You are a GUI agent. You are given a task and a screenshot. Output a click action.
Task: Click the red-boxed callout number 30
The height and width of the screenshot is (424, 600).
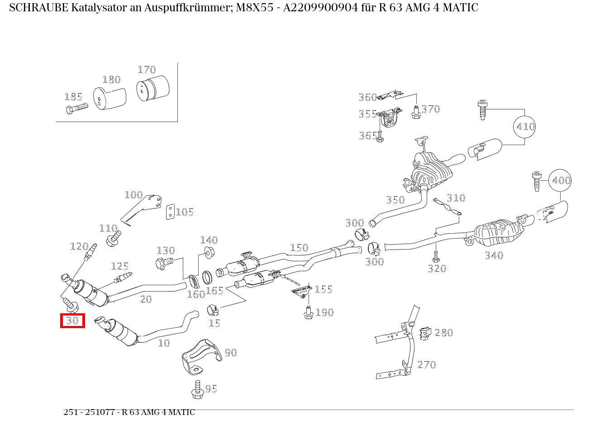click(73, 321)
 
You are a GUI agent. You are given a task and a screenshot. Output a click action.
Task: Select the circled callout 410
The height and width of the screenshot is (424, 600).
click(524, 127)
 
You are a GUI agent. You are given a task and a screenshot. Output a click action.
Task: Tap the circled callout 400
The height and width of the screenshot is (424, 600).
click(560, 180)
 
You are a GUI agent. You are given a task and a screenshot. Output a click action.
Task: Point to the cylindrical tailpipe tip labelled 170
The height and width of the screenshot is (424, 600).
click(152, 88)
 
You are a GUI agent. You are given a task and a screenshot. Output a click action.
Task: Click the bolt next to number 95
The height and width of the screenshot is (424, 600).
click(197, 390)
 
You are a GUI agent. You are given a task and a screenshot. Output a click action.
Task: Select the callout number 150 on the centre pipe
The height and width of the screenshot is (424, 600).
click(299, 248)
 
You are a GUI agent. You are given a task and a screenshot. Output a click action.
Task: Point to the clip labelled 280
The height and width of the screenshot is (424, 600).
click(424, 334)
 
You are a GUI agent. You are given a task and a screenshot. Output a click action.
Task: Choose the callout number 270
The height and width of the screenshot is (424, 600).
click(426, 364)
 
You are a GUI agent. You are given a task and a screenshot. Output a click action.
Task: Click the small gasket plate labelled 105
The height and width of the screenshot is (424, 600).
click(170, 212)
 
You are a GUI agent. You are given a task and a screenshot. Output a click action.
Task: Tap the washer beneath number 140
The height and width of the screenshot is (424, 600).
click(210, 252)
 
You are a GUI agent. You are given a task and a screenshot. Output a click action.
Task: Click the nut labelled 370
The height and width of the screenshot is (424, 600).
click(416, 113)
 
